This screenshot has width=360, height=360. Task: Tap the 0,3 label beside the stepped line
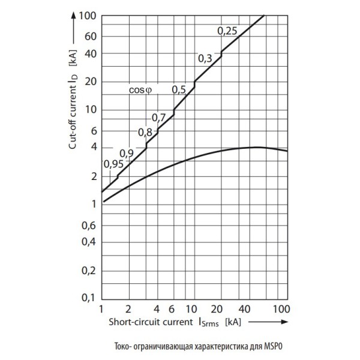point(205,58)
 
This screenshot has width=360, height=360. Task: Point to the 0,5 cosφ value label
point(179,90)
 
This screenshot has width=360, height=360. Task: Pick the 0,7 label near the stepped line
point(158,117)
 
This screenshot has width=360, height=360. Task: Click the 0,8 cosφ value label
point(145,133)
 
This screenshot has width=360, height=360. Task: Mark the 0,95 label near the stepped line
point(113,164)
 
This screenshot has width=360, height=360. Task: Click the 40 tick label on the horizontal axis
point(244,310)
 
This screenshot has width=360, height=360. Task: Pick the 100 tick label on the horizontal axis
point(281,310)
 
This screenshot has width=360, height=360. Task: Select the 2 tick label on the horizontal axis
point(129,310)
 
